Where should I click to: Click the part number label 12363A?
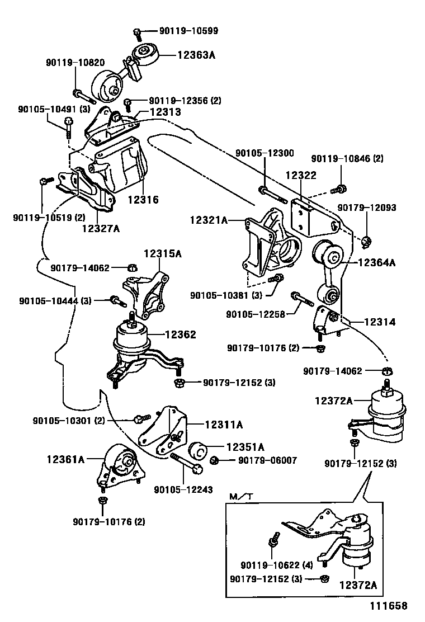pyautogui.click(x=197, y=55)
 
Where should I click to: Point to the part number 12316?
pyautogui.click(x=143, y=199)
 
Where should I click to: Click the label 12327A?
pyautogui.click(x=100, y=228)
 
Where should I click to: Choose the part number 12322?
pyautogui.click(x=301, y=175)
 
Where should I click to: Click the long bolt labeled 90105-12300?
pyautogui.click(x=271, y=194)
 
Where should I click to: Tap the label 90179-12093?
pyautogui.click(x=366, y=208)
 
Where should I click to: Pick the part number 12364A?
pyautogui.click(x=376, y=262)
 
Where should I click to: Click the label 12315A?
pyautogui.click(x=163, y=253)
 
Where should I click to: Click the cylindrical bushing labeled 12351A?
pyautogui.click(x=200, y=451)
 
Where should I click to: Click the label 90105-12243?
pyautogui.click(x=183, y=489)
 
